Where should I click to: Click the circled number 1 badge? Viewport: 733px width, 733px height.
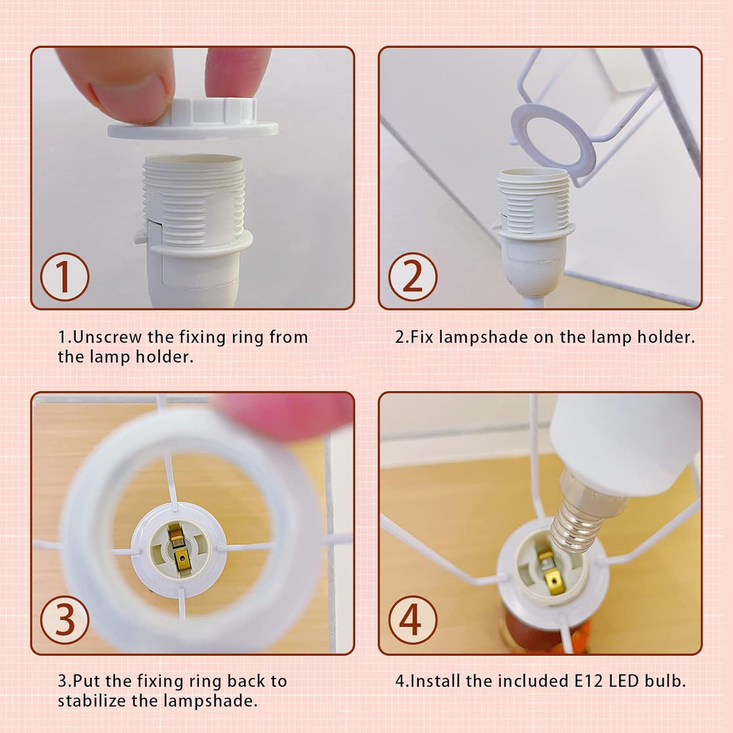tap(64, 276)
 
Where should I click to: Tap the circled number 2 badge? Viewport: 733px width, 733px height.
tap(413, 276)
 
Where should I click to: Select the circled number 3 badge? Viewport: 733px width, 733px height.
tap(64, 620)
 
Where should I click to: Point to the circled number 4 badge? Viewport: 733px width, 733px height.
tap(413, 620)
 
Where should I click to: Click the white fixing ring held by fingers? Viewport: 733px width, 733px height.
tap(193, 120)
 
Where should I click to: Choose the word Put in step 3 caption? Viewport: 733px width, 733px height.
tap(87, 681)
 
